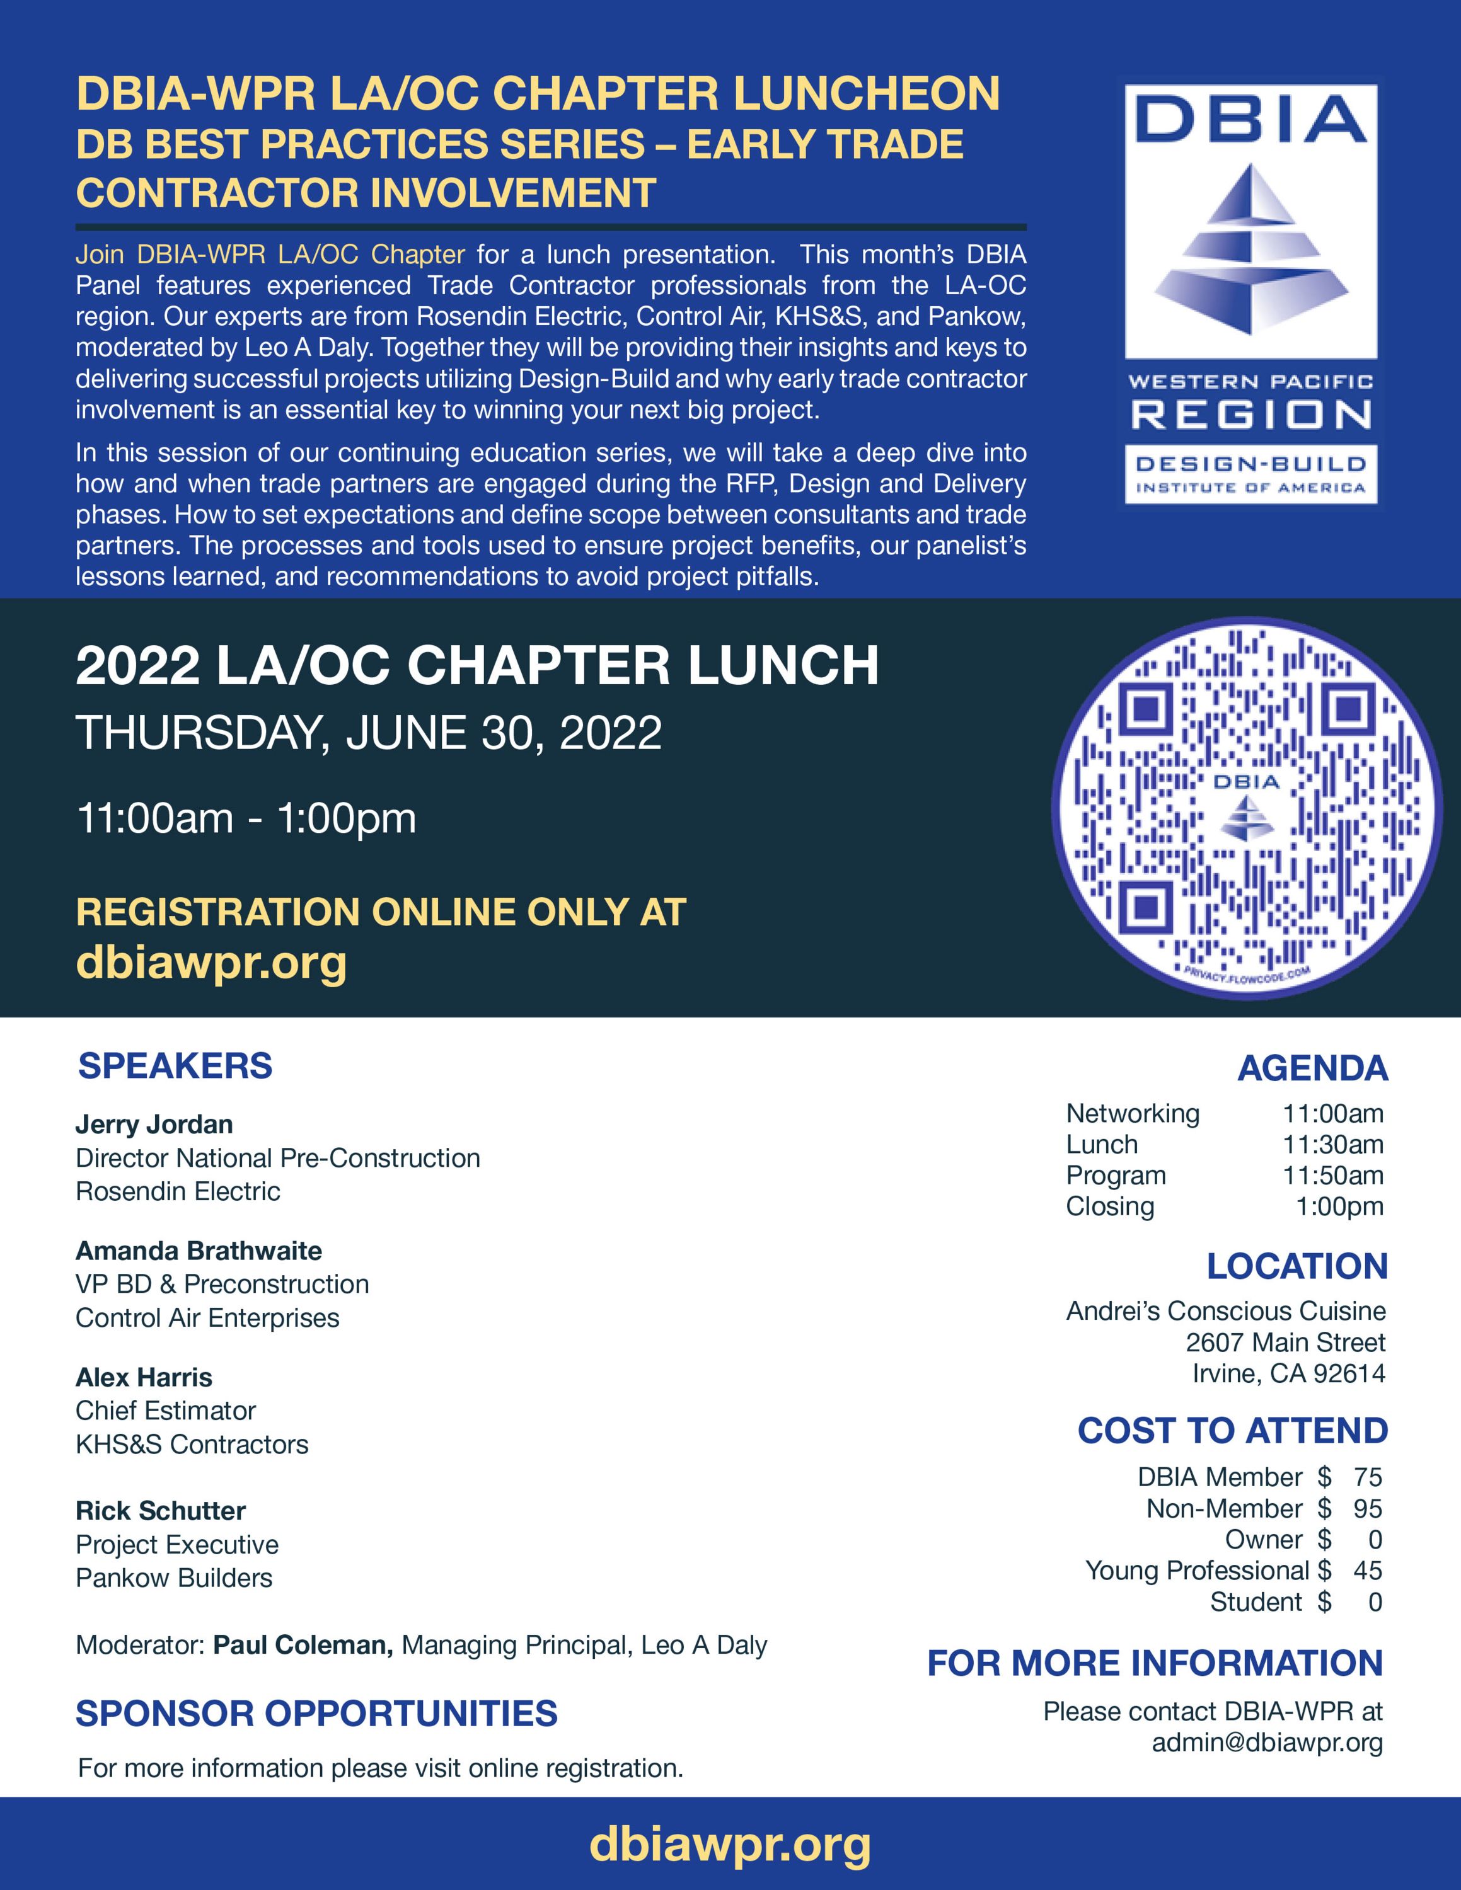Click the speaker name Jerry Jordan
154,1124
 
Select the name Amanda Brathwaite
198,1251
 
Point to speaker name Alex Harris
144,1377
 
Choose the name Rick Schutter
160,1511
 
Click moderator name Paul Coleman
303,1645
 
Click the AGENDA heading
1312,1068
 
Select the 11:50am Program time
1333,1175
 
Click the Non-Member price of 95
1368,1508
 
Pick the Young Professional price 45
1368,1571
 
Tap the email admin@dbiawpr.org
1267,1742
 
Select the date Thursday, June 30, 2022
369,733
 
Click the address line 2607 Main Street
1285,1342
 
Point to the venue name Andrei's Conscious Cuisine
1225,1311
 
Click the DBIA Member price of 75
1368,1477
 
